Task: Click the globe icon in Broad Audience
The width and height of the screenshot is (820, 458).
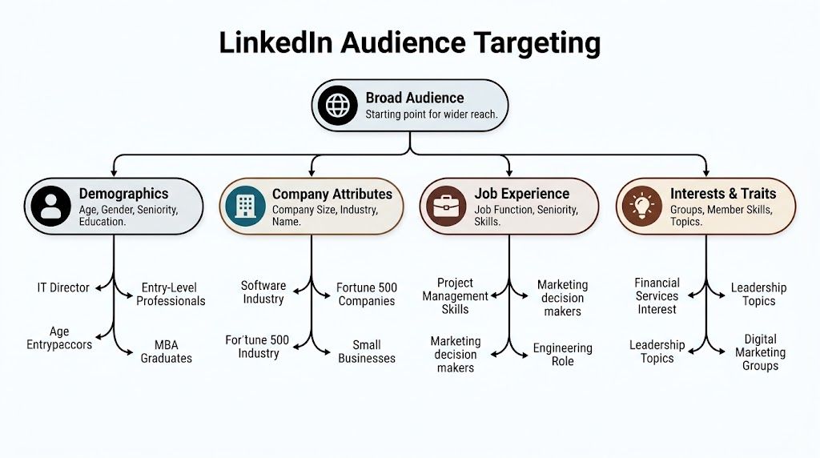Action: click(336, 105)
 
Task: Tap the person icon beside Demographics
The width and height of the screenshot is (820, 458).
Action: click(50, 206)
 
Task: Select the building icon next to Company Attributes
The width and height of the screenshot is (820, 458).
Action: click(246, 206)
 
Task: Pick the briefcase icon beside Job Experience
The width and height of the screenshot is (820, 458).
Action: click(444, 206)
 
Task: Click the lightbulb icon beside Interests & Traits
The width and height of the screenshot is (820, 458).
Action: click(641, 206)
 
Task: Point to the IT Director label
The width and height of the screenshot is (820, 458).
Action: click(63, 287)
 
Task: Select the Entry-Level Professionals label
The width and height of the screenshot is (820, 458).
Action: click(170, 295)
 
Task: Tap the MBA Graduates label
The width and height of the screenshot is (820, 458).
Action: click(167, 352)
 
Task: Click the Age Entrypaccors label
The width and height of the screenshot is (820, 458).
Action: click(59, 338)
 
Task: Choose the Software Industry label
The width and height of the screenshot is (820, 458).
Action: click(263, 292)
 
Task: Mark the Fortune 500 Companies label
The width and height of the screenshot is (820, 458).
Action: click(367, 295)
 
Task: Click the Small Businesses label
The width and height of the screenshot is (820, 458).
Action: click(367, 352)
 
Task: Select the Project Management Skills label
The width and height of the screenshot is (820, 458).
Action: click(455, 296)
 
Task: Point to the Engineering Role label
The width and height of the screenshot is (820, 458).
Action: click(562, 355)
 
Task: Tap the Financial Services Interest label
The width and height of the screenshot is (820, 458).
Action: click(657, 296)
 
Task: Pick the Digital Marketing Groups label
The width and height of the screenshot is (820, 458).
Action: click(760, 352)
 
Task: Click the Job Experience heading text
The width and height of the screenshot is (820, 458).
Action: click(521, 194)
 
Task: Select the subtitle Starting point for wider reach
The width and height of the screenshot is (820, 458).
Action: click(432, 114)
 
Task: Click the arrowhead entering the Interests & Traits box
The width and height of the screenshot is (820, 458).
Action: click(706, 172)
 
